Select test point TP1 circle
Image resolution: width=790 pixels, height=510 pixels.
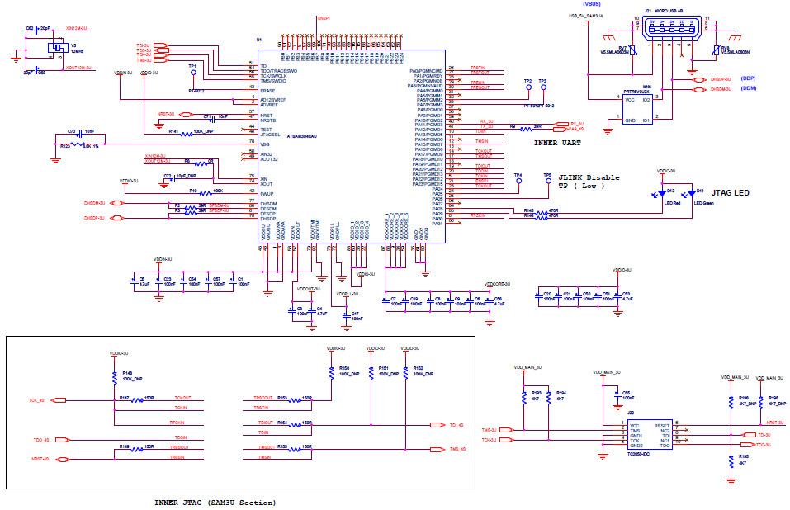(193, 72)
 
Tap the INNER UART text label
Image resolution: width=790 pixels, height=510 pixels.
(556, 142)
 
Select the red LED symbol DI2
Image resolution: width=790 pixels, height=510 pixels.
(660, 195)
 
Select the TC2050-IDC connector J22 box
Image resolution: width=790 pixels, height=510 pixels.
(649, 434)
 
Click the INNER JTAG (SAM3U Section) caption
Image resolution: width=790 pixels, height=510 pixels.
(215, 502)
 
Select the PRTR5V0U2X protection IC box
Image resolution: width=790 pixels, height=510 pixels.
(636, 108)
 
